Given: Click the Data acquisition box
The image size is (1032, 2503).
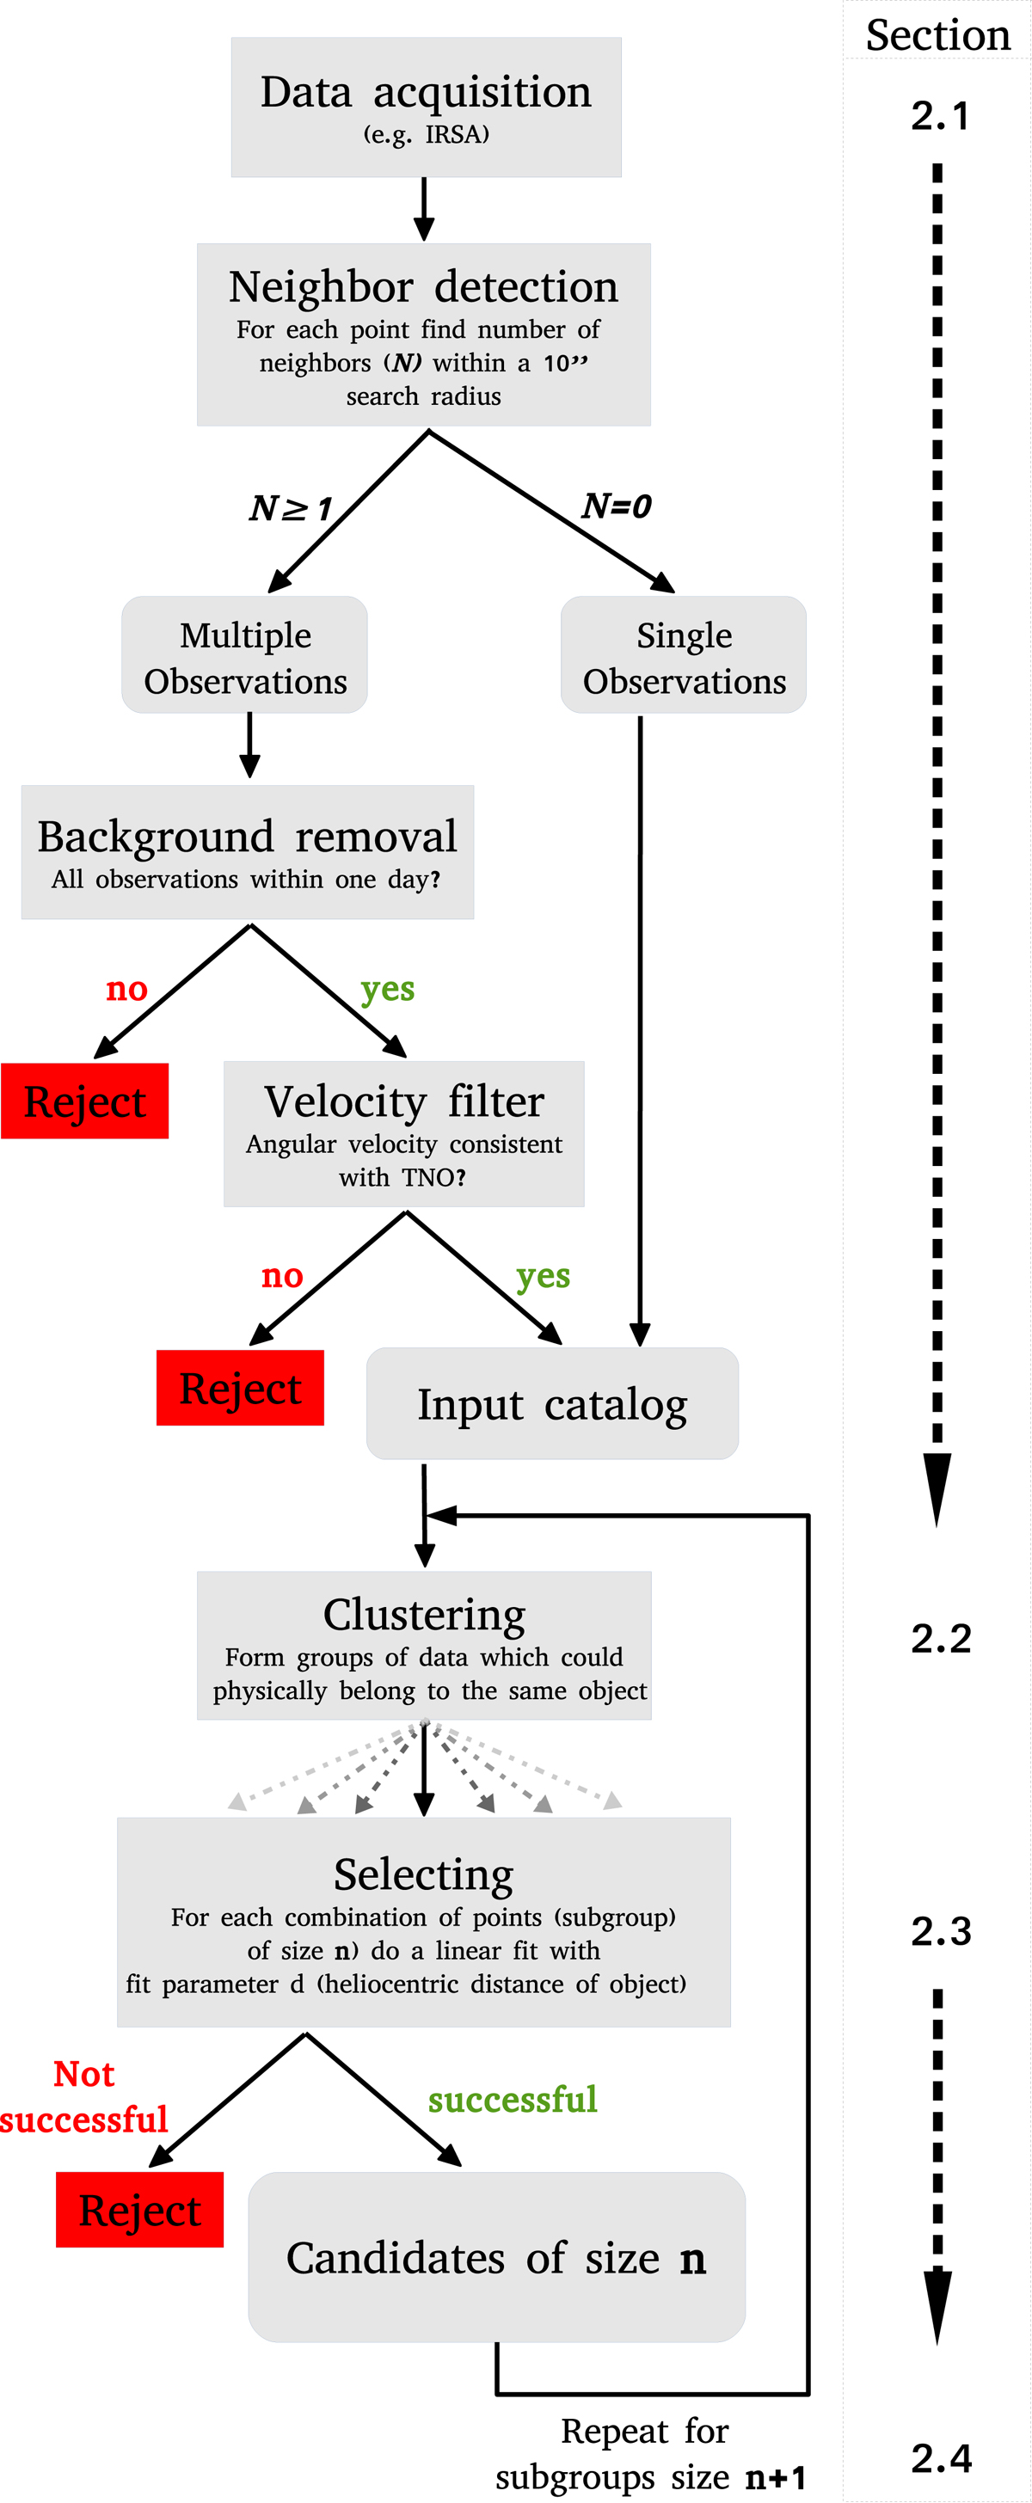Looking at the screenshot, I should (x=426, y=107).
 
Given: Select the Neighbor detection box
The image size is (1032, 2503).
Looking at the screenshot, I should (x=424, y=334).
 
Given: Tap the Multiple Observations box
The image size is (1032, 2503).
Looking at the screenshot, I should (x=245, y=656).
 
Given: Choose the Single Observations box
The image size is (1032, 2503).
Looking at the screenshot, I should (x=683, y=656).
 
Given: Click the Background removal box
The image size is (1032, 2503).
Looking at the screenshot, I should (x=248, y=852).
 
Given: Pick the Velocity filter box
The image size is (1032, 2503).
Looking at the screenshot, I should (x=404, y=1133).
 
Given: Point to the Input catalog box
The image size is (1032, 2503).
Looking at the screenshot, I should (x=552, y=1403).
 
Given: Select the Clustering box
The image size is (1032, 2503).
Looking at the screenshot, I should (x=424, y=1645).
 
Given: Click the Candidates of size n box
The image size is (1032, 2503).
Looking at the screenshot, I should (x=496, y=2257).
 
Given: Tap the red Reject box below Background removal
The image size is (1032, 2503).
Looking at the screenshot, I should (x=84, y=1101).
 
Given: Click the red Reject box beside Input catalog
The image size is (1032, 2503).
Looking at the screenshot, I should (x=240, y=1388).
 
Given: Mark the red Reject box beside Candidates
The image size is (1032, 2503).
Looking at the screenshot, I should (x=140, y=2210).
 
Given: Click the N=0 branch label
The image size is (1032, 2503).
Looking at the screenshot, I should (x=616, y=506).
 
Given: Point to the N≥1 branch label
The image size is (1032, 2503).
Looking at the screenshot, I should (x=291, y=507).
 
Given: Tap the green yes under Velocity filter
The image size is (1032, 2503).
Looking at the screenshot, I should (x=543, y=1276).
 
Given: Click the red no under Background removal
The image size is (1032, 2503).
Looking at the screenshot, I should (x=126, y=989).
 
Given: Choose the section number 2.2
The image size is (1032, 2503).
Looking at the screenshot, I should (x=941, y=1638).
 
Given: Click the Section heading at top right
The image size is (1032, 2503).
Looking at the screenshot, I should (x=937, y=35).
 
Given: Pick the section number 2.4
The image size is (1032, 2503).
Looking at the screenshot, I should (x=941, y=2457).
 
